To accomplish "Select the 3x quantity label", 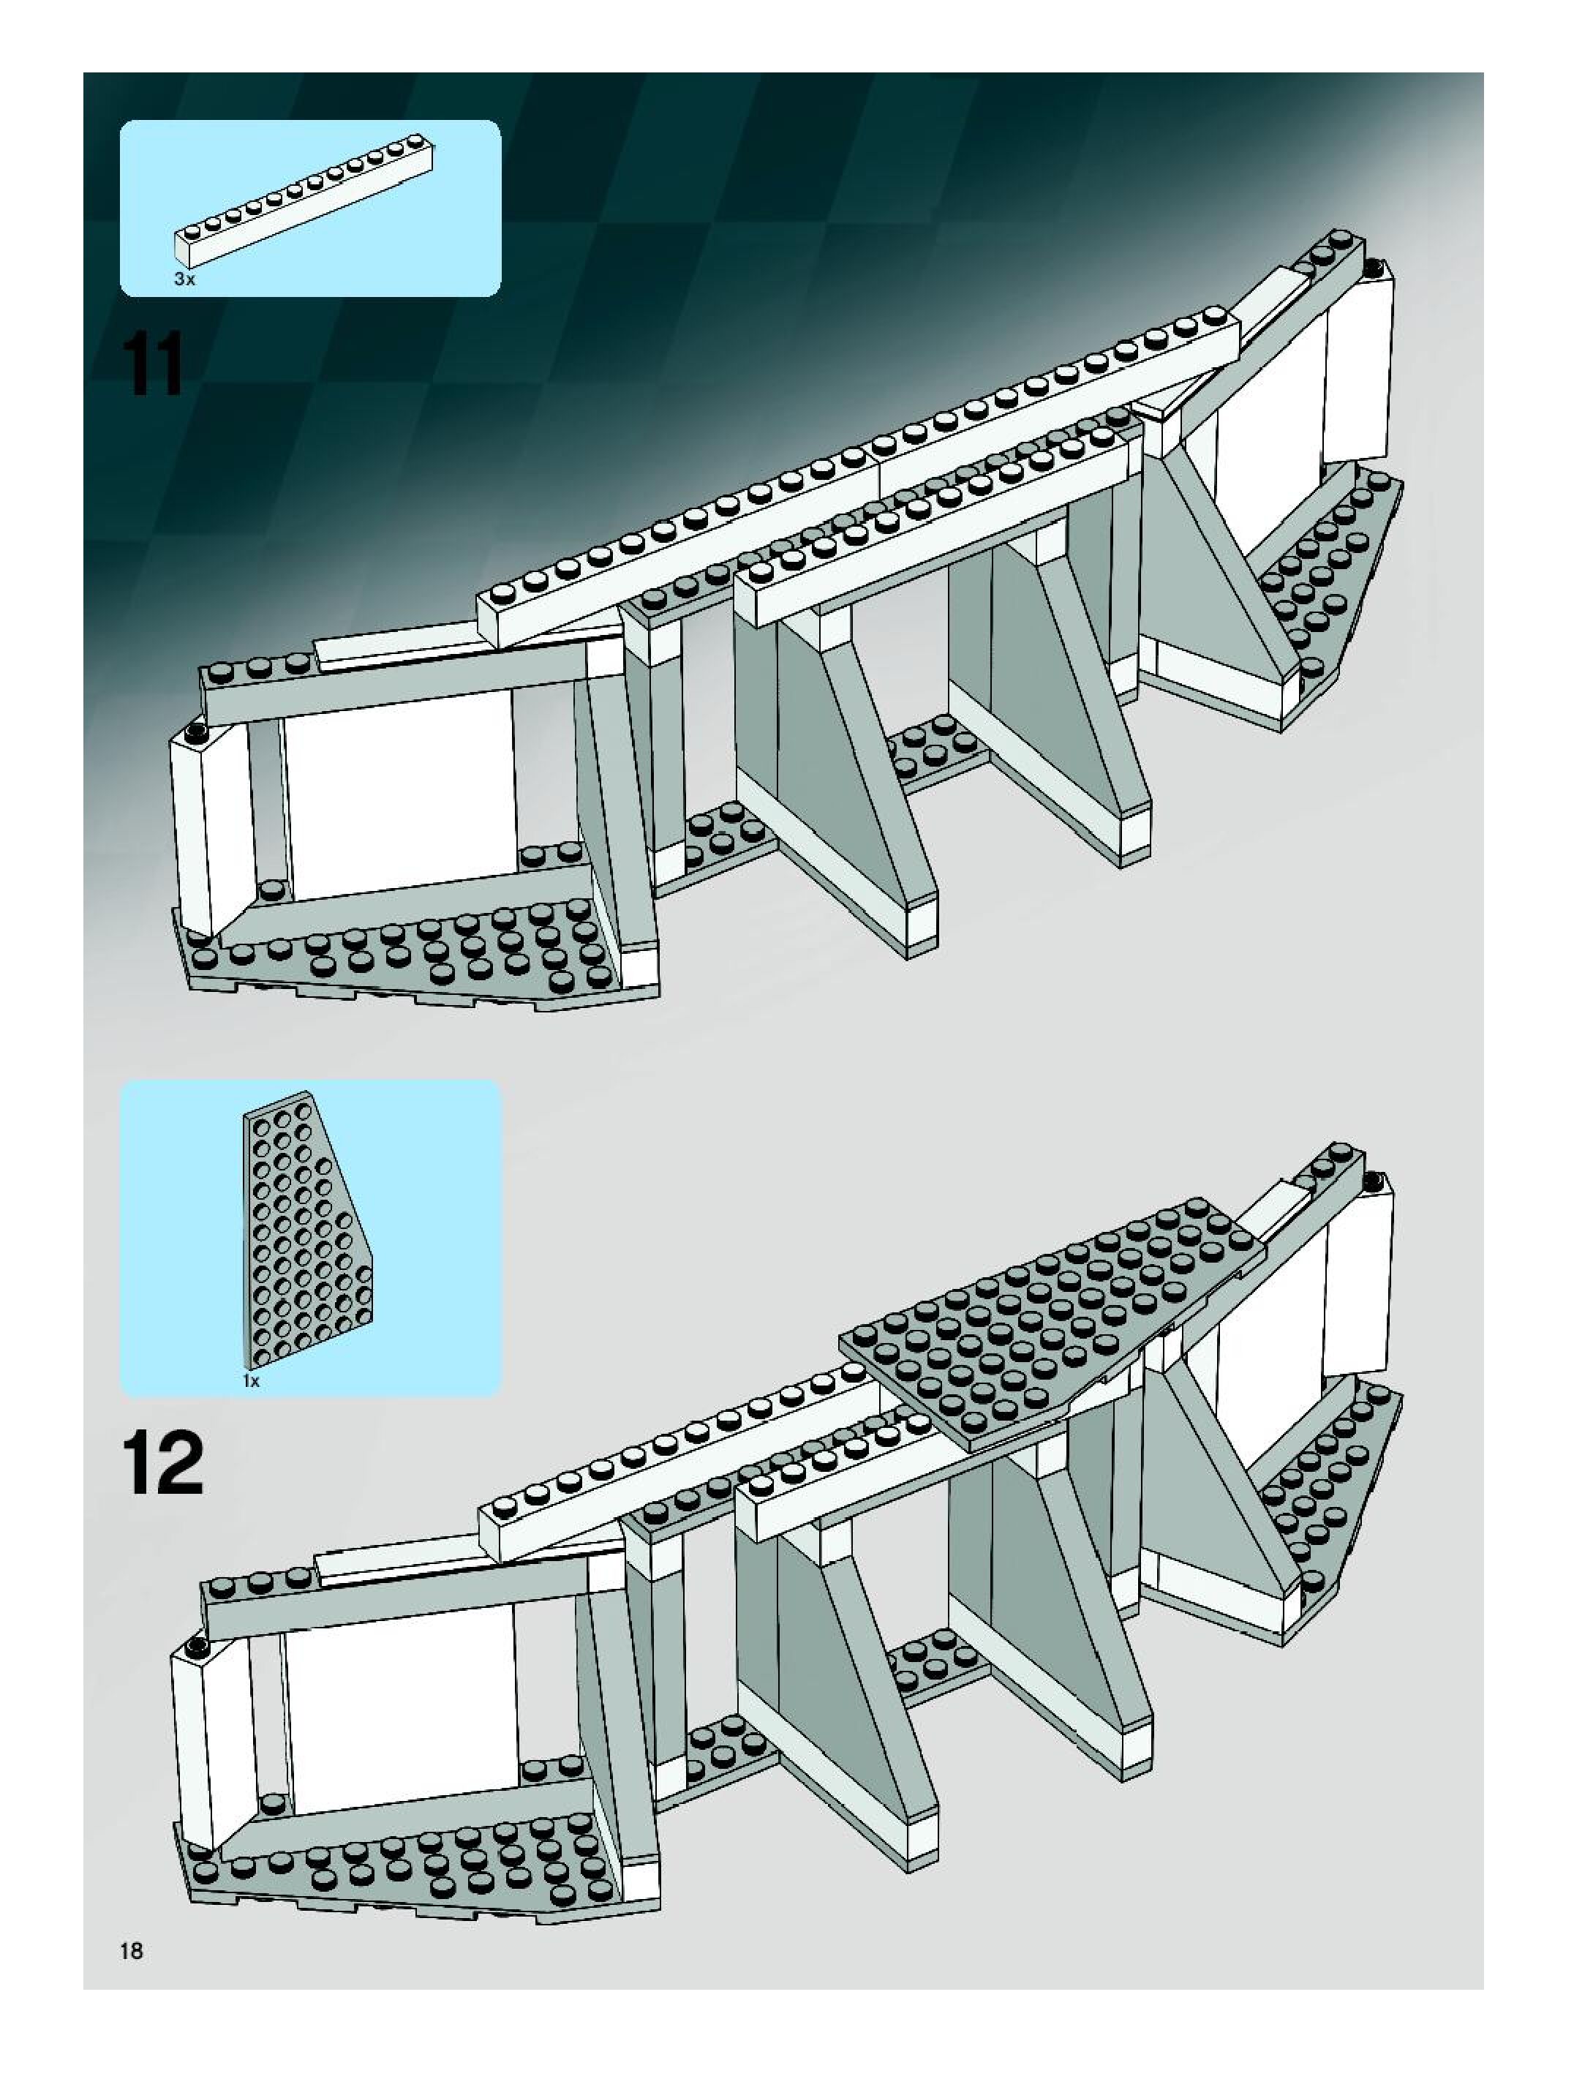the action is pos(184,279).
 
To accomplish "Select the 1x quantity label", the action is pos(251,1380).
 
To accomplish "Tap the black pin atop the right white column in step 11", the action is pos(1373,267).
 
